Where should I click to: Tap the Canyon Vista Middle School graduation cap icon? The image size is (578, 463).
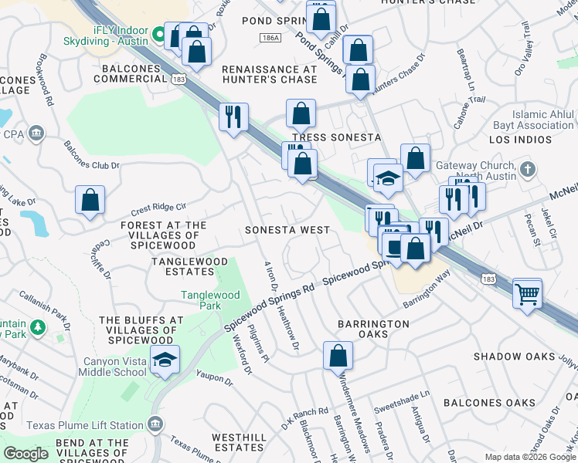click(x=165, y=360)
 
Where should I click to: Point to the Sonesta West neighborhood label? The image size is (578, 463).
click(x=287, y=230)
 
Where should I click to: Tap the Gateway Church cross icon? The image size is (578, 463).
click(x=528, y=169)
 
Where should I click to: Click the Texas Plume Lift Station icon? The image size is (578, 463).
click(x=155, y=425)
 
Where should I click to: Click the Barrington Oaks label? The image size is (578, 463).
click(x=373, y=329)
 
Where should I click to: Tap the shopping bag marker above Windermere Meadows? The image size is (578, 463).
click(x=338, y=356)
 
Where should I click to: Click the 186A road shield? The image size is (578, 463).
click(x=270, y=37)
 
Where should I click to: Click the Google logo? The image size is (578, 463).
click(x=25, y=454)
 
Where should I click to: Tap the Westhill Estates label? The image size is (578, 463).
click(x=240, y=442)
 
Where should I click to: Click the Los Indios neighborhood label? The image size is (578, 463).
click(x=521, y=140)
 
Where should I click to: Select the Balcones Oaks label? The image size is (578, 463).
click(x=488, y=403)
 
